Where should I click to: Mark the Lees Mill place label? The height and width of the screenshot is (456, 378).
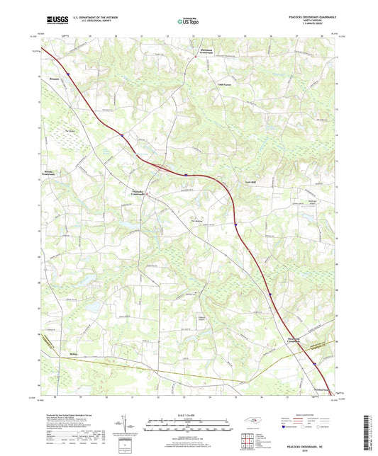(x=250, y=182)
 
